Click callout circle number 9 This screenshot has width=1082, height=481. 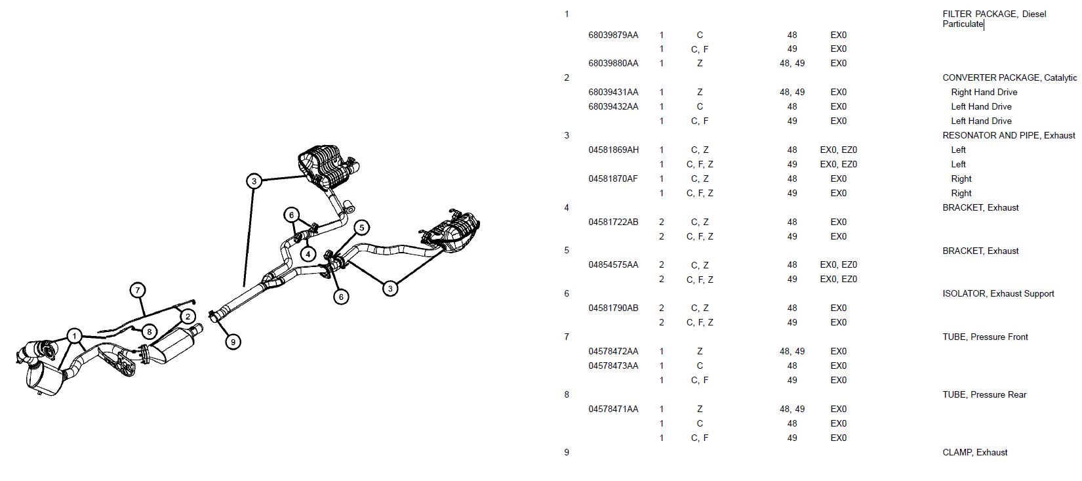click(x=232, y=341)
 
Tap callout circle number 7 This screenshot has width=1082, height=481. click(x=137, y=290)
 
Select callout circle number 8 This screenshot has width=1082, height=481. click(x=150, y=332)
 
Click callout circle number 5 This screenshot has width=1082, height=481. click(x=361, y=228)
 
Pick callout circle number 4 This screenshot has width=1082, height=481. click(x=308, y=253)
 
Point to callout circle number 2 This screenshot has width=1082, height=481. click(x=188, y=316)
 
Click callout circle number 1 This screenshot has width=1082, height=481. click(x=75, y=337)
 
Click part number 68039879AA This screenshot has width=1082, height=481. click(x=613, y=35)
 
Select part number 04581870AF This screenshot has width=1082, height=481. click(x=613, y=178)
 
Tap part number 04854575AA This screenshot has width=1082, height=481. click(x=613, y=264)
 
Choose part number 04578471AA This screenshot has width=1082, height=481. click(x=613, y=409)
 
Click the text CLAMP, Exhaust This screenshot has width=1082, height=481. click(x=974, y=452)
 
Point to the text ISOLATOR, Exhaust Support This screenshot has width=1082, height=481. click(x=998, y=293)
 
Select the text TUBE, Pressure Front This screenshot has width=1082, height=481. click(x=985, y=337)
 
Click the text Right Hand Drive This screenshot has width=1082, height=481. click(x=984, y=92)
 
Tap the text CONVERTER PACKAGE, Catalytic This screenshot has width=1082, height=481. click(x=1009, y=77)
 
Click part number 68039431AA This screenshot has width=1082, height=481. click(x=613, y=92)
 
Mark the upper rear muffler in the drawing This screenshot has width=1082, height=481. click(x=326, y=165)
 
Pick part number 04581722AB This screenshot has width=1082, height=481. click(x=613, y=222)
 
